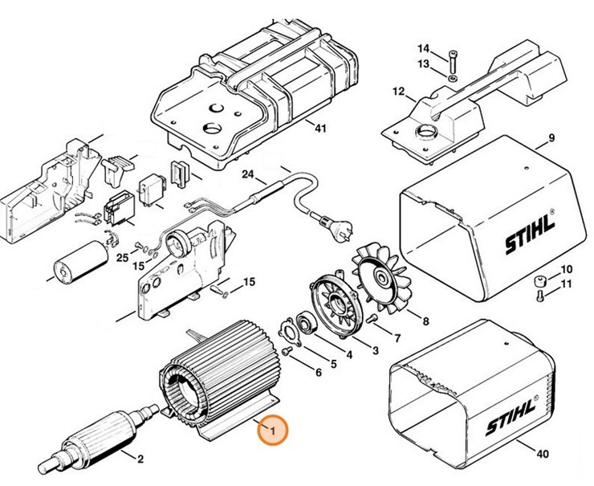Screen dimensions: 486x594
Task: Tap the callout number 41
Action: [x=321, y=128]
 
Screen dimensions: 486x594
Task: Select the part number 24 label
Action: [x=247, y=174]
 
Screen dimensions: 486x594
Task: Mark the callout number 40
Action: [x=543, y=454]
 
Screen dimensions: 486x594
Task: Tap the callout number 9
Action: [x=551, y=141]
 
